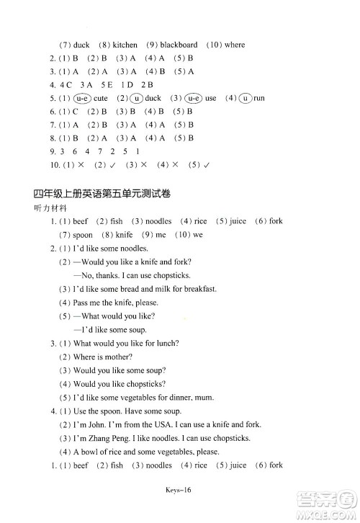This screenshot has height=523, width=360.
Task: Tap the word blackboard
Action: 179,45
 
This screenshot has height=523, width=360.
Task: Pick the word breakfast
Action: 197,289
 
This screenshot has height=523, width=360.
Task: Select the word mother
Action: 117,356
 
